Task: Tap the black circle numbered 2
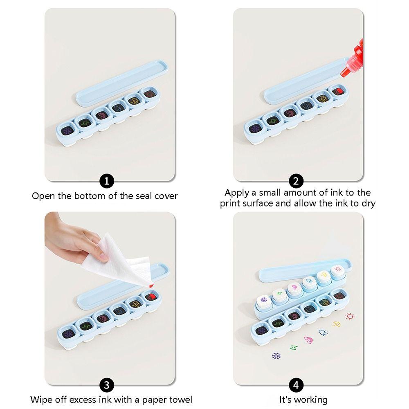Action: click(x=295, y=180)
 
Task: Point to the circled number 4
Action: click(x=295, y=385)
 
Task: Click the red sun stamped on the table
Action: click(x=350, y=316)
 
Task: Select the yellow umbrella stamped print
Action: click(x=337, y=324)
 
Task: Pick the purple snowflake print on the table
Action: click(x=276, y=355)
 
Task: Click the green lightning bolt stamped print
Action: click(x=293, y=348)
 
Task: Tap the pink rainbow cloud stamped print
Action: click(x=308, y=340)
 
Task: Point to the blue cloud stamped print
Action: click(x=323, y=333)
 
